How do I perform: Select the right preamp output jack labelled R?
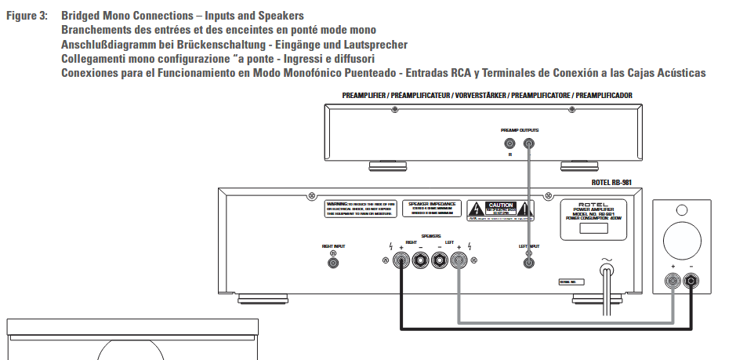510,144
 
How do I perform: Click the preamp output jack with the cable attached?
529,144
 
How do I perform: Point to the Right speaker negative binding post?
421,264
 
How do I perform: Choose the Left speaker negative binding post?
440,264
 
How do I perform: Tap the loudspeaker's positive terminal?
673,280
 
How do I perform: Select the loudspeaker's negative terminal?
691,280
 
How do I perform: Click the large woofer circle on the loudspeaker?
682,242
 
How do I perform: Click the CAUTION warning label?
501,209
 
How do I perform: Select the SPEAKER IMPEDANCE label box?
432,208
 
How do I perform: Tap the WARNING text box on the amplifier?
359,209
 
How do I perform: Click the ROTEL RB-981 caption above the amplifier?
611,182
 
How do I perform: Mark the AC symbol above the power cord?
605,258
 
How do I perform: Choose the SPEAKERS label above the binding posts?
430,235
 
